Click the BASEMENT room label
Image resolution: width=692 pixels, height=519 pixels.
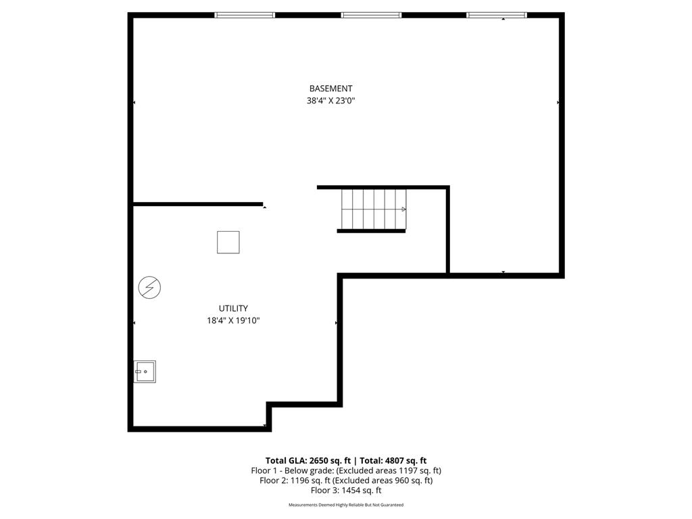(x=330, y=89)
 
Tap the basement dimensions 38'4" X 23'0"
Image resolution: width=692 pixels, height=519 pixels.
(x=330, y=101)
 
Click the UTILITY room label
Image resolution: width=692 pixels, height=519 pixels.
(x=233, y=309)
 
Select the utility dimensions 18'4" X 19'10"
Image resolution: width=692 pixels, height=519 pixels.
(x=233, y=321)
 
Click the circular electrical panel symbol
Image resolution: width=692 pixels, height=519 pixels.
(x=149, y=288)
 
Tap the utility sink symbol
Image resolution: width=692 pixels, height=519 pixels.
(x=145, y=372)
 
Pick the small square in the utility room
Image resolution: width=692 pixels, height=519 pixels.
(x=228, y=242)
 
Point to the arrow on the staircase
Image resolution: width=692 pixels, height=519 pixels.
(x=403, y=209)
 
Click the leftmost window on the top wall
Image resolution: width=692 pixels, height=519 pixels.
(x=245, y=15)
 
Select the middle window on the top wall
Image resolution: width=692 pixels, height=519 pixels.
(x=371, y=15)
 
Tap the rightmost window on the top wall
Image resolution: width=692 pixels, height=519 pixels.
(x=497, y=15)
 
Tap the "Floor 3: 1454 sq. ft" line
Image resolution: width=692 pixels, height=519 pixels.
(x=346, y=491)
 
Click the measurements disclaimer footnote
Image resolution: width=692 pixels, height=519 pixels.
(x=346, y=505)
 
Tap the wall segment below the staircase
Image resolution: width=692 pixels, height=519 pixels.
(x=371, y=231)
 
